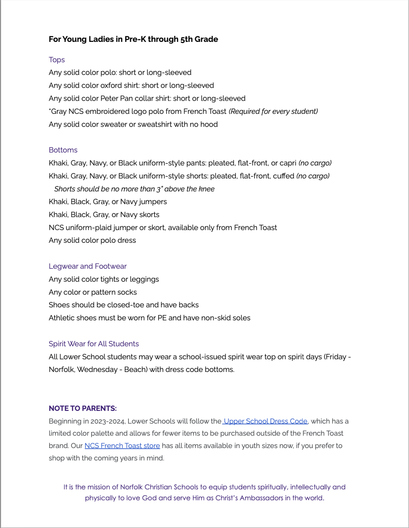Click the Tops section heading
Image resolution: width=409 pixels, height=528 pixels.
click(57, 60)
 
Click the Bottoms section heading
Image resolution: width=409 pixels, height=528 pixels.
click(63, 150)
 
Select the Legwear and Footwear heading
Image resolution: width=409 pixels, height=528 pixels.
click(88, 266)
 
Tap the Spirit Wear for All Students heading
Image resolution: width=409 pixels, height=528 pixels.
click(94, 344)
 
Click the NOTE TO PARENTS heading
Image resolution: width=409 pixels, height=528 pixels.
click(82, 408)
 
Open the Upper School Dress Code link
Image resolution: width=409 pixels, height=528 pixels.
click(266, 421)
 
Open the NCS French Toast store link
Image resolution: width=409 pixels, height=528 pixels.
click(122, 446)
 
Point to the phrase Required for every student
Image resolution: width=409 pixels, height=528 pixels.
click(273, 112)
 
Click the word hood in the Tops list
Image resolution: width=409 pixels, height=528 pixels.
click(209, 124)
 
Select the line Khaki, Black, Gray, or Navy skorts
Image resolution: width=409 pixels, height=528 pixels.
click(104, 215)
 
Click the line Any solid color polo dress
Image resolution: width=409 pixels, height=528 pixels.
click(92, 240)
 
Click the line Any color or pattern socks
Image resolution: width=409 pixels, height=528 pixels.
click(93, 292)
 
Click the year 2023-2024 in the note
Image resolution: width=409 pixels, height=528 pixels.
click(107, 422)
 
